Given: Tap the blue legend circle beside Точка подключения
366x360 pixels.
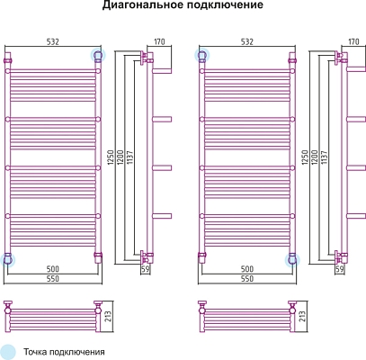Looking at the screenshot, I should point(9,351).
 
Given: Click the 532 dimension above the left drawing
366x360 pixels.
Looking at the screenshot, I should point(54,40).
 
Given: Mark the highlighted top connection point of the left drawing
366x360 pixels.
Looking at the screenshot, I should point(98,56).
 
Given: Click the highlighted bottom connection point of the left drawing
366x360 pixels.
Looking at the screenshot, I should point(9,259).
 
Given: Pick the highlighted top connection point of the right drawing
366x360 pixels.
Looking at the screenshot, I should point(204,56).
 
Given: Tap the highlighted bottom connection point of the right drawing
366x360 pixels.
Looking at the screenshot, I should point(291,259).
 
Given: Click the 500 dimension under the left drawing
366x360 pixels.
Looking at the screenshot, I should point(54,269).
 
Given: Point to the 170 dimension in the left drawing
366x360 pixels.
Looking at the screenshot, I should point(159,40).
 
